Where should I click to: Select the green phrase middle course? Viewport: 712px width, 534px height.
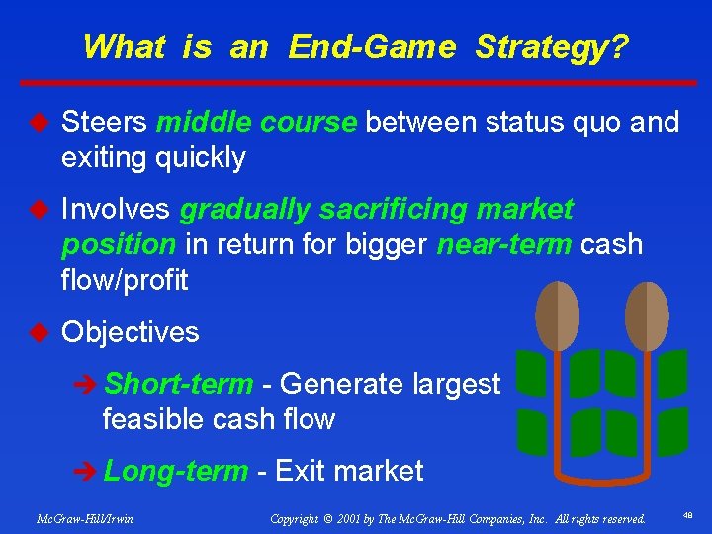(257, 123)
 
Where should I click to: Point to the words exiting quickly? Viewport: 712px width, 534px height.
(153, 157)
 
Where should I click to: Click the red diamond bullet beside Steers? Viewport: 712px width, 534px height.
(40, 123)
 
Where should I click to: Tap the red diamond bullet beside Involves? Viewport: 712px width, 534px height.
(40, 210)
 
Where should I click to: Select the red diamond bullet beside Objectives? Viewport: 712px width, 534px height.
(40, 332)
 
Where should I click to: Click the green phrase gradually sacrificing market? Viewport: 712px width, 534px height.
(377, 210)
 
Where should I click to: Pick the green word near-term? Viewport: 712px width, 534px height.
(502, 244)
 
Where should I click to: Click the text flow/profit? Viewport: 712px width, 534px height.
(125, 280)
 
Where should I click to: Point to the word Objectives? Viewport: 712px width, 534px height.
(131, 332)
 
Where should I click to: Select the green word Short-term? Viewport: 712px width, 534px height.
(179, 384)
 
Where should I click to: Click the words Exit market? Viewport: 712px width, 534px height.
(349, 471)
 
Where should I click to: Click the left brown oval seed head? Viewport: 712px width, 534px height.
(557, 315)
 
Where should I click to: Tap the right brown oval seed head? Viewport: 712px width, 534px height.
(648, 315)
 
